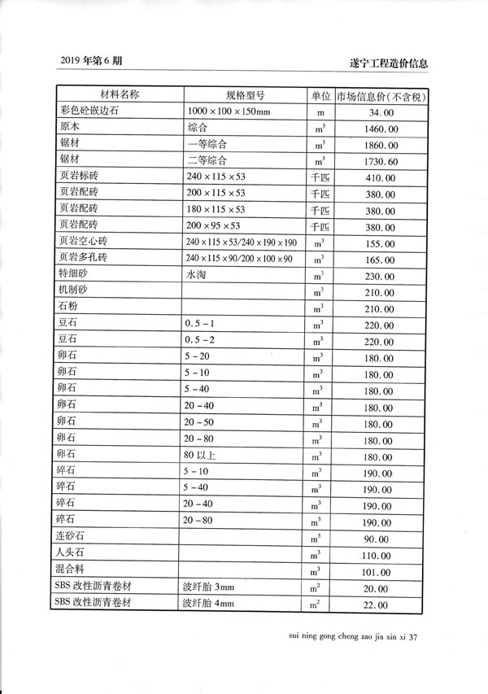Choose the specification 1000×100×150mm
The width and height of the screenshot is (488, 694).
click(227, 111)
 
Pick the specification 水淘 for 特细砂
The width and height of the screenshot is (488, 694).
click(198, 275)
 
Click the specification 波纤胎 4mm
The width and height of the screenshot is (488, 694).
click(209, 604)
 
